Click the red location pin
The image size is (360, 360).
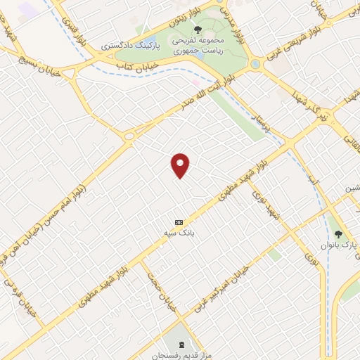coord(181,165)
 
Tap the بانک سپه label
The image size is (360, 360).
coord(180,232)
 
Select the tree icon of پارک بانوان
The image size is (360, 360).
coord(338,233)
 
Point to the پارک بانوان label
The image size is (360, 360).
coord(345,245)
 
